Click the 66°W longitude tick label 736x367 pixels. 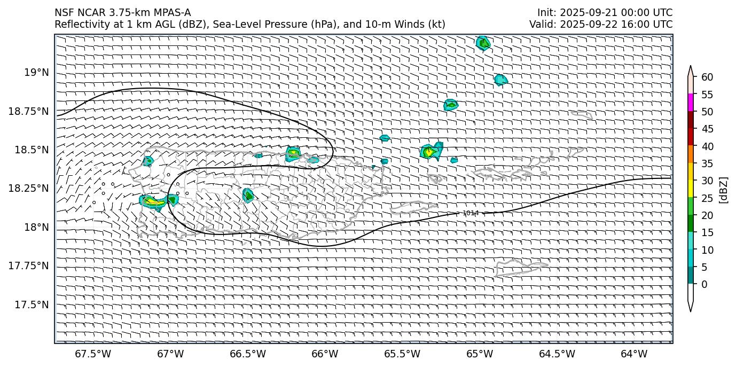[x=325, y=354]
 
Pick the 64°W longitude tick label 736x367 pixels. [x=635, y=354]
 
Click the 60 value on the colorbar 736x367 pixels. [x=707, y=77]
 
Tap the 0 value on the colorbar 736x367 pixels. [x=704, y=284]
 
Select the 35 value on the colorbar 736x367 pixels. [x=707, y=163]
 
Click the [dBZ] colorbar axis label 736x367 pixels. [x=724, y=189]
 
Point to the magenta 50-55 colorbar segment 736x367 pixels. [x=691, y=103]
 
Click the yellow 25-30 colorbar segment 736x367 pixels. [x=691, y=189]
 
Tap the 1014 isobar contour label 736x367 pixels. [x=471, y=213]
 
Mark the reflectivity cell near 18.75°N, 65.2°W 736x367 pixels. [x=451, y=105]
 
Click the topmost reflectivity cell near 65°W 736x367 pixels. [x=483, y=43]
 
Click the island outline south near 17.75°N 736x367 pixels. [x=521, y=268]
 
